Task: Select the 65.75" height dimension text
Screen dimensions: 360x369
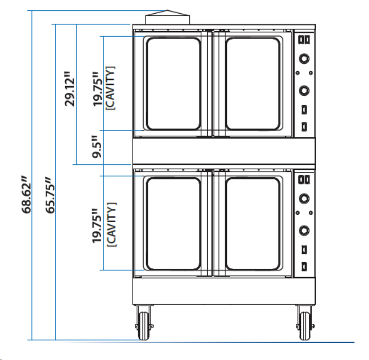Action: click(50, 195)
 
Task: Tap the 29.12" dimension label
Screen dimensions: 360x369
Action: click(71, 89)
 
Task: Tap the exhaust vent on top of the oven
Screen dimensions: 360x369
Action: click(168, 17)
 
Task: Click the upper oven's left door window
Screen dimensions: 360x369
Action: click(173, 83)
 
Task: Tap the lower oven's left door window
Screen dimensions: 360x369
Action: click(173, 223)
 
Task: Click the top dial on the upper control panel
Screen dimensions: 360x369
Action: click(305, 59)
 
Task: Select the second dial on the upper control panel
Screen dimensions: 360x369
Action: click(305, 90)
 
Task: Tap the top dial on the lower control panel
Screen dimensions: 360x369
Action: click(305, 199)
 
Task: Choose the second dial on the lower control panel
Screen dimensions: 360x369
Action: click(305, 230)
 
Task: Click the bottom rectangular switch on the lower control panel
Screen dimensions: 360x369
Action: click(305, 267)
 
